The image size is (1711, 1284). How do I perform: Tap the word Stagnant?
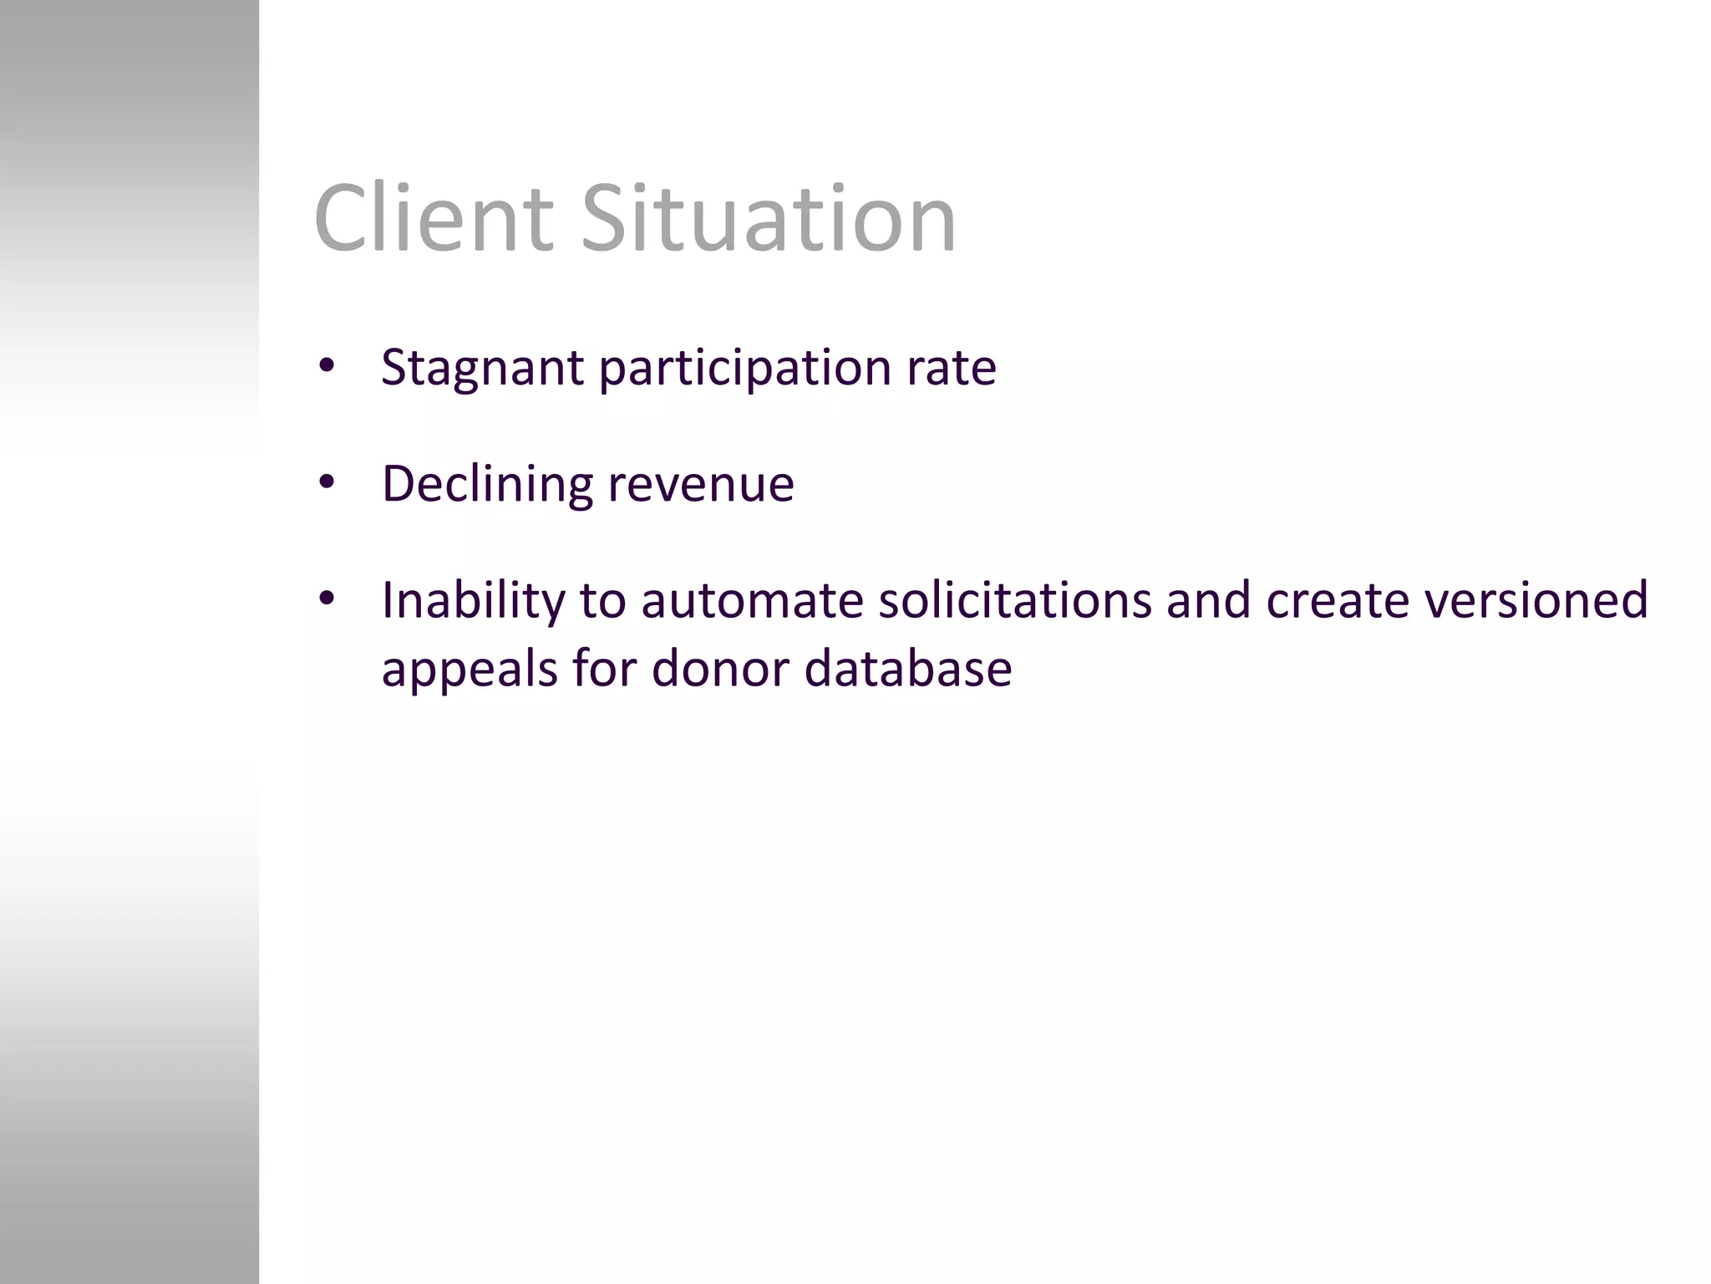(x=482, y=368)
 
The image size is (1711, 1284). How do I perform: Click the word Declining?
(x=487, y=484)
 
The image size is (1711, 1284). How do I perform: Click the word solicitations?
(x=1014, y=599)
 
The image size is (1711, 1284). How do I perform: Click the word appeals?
(x=469, y=670)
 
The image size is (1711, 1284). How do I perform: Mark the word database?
(x=908, y=668)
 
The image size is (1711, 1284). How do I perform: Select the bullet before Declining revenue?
(x=327, y=482)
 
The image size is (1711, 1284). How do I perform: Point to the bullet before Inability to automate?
(x=327, y=599)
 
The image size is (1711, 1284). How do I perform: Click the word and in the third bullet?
(x=1208, y=599)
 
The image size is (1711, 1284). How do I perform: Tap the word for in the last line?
(x=604, y=668)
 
